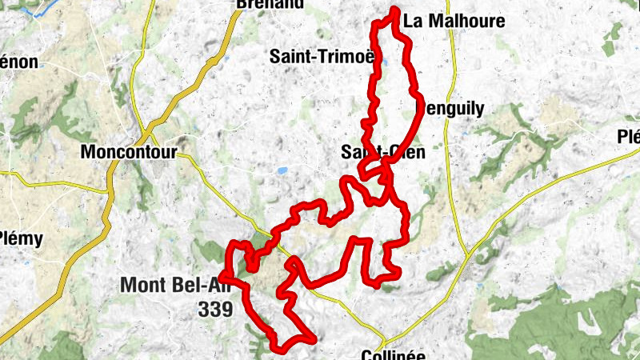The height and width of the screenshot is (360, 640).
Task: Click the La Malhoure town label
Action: (454, 22)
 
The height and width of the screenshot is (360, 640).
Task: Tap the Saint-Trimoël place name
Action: (322, 57)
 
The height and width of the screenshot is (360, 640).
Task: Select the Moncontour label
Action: (129, 151)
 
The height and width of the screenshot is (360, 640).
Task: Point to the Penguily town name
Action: (451, 108)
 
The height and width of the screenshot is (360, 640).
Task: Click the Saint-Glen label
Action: (382, 151)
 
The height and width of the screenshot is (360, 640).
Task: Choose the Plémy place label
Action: (21, 238)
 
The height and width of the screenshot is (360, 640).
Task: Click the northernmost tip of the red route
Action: (395, 10)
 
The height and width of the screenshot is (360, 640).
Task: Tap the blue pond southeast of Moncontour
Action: (282, 170)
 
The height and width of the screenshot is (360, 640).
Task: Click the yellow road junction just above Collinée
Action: (382, 338)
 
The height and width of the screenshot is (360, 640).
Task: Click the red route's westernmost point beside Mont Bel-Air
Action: (220, 278)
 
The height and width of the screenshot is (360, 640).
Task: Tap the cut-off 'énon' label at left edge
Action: (19, 62)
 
